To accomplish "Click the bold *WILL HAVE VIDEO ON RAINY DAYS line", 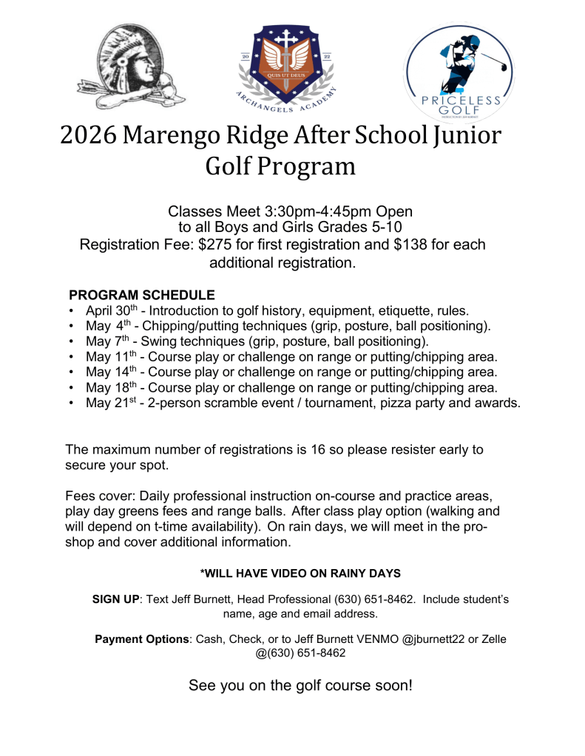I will click(x=300, y=573).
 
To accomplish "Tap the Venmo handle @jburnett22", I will click(x=436, y=638).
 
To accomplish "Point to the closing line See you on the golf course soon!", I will click(x=300, y=685).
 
